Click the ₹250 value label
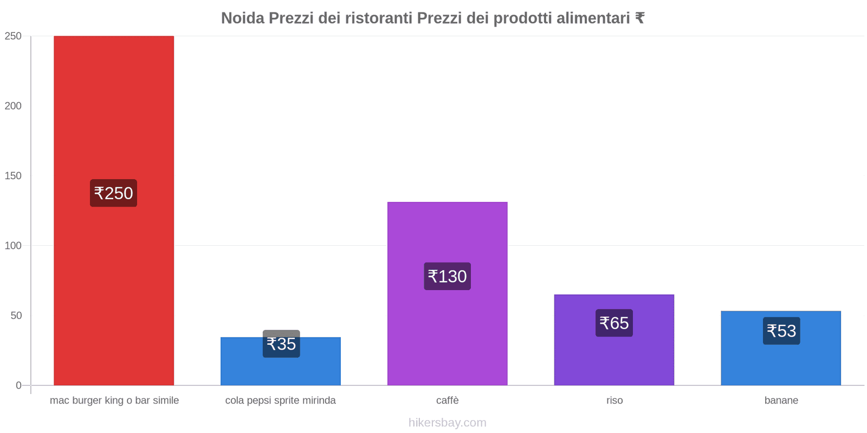tap(113, 193)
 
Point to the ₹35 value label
tap(281, 344)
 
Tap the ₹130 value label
tap(447, 277)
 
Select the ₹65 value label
tap(614, 323)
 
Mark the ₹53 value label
tap(781, 331)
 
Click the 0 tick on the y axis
tap(18, 385)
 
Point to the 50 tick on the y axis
tap(16, 316)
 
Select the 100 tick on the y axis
tap(13, 246)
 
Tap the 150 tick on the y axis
tap(13, 176)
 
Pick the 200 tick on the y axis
tap(13, 106)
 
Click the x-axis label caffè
tap(447, 401)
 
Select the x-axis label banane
tap(781, 401)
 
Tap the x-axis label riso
tap(614, 401)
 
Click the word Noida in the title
tap(242, 18)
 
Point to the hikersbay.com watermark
tap(447, 423)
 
